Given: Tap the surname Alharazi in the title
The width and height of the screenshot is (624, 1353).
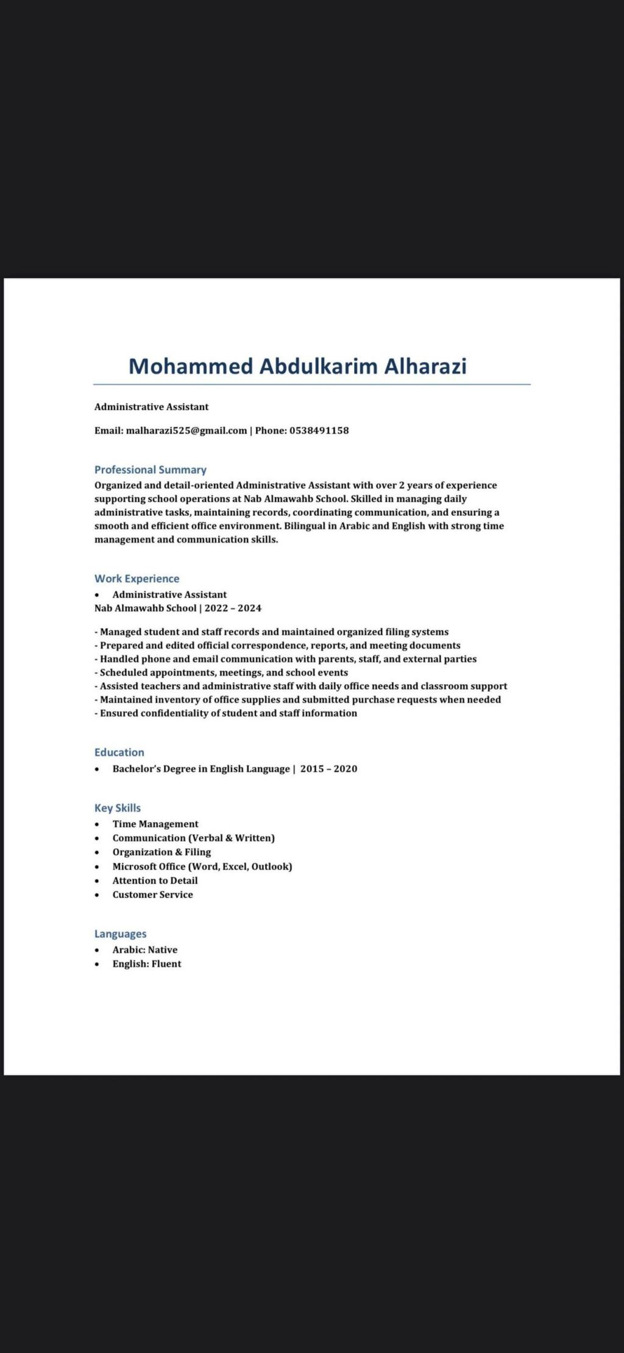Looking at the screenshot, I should pos(425,366).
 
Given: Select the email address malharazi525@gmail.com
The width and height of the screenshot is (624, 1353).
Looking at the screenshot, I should pos(186,430).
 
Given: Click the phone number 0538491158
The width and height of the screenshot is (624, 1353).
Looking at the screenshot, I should pos(319,430).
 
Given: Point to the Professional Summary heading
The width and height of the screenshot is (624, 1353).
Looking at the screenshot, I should pos(151,470).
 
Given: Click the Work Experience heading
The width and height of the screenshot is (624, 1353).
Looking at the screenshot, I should pos(137,579).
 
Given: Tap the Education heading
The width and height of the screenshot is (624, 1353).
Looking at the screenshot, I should pos(119,752).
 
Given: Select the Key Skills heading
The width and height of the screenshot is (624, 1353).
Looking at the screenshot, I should pos(118,808).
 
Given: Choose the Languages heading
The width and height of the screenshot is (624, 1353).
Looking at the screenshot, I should pos(121,934).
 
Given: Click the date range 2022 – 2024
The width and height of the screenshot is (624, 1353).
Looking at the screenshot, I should pos(233,608).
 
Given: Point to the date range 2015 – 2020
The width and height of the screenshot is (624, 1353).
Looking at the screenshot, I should pos(328,769).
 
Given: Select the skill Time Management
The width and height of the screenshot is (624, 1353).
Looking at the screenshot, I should pos(155,824).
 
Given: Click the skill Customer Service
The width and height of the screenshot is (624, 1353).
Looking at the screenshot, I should pos(153,894).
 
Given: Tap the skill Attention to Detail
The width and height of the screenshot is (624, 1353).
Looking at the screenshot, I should pos(155,880).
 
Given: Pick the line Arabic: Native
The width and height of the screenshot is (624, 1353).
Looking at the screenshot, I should pos(145,949).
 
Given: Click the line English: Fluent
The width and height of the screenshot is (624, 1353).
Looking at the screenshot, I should pos(147,963).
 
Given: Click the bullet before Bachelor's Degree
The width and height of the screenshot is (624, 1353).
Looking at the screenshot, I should pos(97,769).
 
